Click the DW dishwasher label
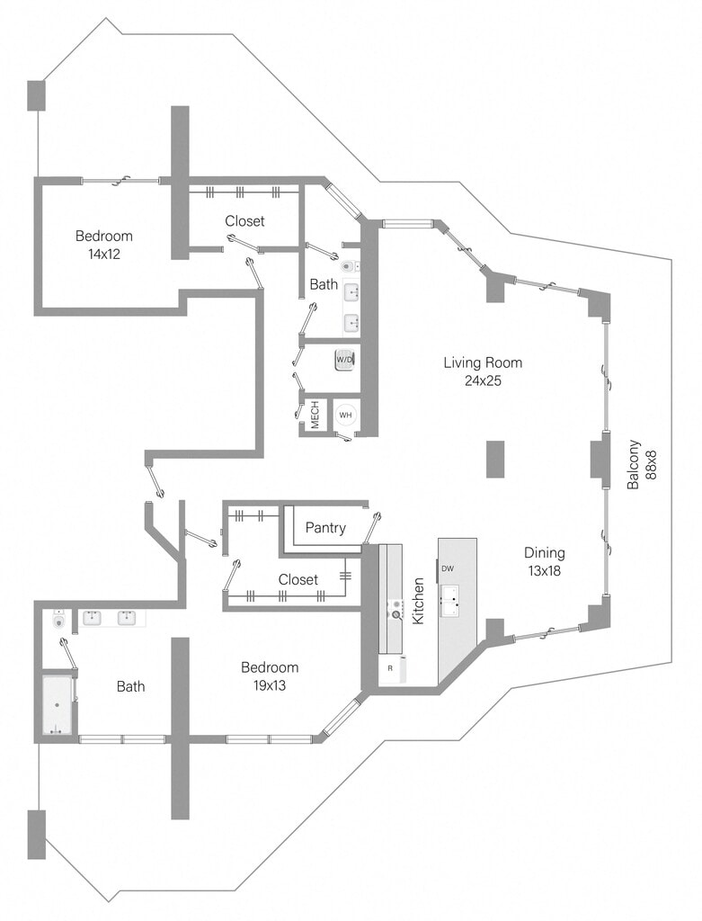point(447,568)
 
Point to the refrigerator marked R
point(391,668)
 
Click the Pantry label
point(325,528)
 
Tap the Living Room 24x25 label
point(483,371)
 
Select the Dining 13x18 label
point(546,561)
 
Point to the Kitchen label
point(418,602)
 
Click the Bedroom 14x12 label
point(103,245)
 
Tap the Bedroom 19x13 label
point(270,676)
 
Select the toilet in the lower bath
point(59,620)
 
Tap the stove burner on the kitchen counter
point(395,615)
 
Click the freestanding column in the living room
point(495,459)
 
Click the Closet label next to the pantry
point(298,580)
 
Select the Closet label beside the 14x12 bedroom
point(244,221)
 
